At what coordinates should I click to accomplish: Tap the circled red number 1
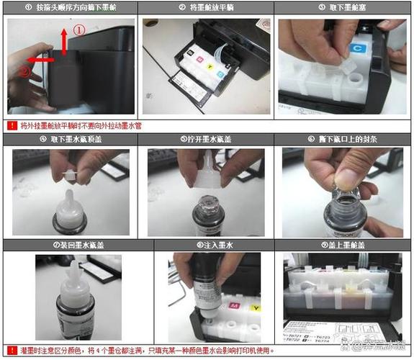click(80, 30)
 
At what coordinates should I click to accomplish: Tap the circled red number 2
click(25, 71)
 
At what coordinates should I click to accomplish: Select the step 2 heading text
click(206, 7)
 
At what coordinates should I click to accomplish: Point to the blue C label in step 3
click(356, 48)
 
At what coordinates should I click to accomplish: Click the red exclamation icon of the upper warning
click(12, 125)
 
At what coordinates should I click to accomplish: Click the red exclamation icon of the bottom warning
click(12, 350)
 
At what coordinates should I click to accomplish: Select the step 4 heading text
click(69, 139)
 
